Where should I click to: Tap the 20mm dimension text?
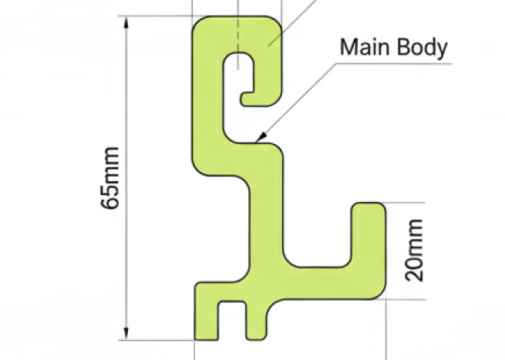pyautogui.click(x=414, y=250)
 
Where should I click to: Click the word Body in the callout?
pyautogui.click(x=420, y=48)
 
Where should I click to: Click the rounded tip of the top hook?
pyautogui.click(x=246, y=98)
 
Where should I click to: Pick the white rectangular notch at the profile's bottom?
pyautogui.click(x=231, y=320)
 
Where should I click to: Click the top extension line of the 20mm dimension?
pyautogui.click(x=406, y=203)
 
